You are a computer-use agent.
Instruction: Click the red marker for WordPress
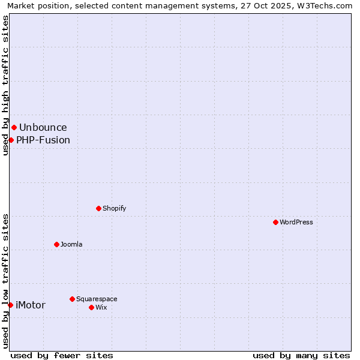pyautogui.click(x=275, y=222)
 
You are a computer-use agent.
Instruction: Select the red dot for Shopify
pyautogui.click(x=98, y=208)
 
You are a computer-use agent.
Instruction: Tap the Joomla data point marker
pyautogui.click(x=56, y=244)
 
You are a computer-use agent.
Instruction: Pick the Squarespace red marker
pyautogui.click(x=72, y=299)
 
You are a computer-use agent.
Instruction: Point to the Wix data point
pyautogui.click(x=91, y=307)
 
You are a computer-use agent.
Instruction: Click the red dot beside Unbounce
pyautogui.click(x=14, y=127)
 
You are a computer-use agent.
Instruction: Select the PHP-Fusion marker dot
pyautogui.click(x=11, y=140)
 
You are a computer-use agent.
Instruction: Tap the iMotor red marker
pyautogui.click(x=10, y=305)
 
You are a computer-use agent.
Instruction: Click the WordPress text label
pyautogui.click(x=296, y=222)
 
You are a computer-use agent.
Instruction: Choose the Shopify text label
pyautogui.click(x=115, y=208)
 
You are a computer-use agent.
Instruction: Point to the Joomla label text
pyautogui.click(x=71, y=244)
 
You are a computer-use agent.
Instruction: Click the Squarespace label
pyautogui.click(x=97, y=299)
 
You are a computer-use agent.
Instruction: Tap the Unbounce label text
pyautogui.click(x=43, y=127)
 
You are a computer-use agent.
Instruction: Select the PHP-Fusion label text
pyautogui.click(x=43, y=140)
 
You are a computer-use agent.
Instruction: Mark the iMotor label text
pyautogui.click(x=31, y=305)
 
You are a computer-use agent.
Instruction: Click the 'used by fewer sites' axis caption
pyautogui.click(x=62, y=355)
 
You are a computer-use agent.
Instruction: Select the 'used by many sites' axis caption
pyautogui.click(x=301, y=355)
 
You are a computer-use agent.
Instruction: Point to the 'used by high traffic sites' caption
pyautogui.click(x=5, y=85)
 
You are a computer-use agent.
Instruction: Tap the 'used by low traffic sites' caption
pyautogui.click(x=5, y=280)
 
